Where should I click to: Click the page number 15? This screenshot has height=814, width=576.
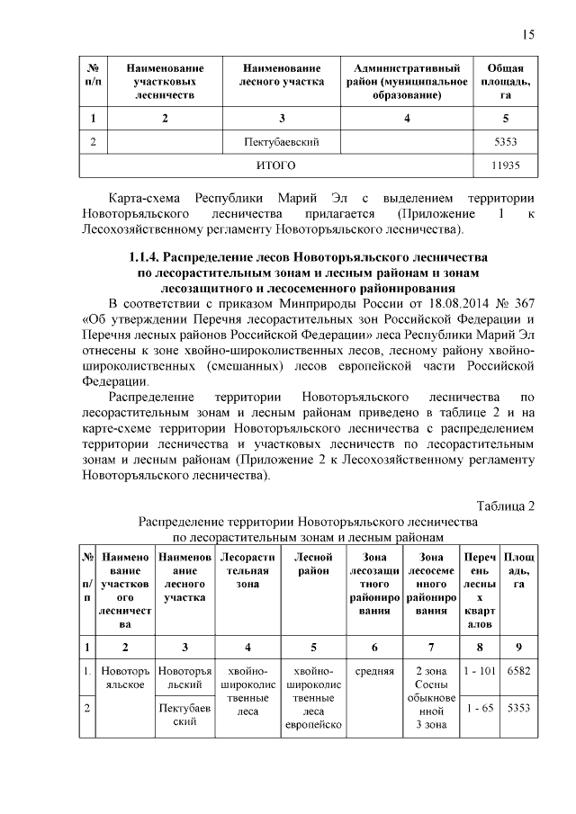coord(528,35)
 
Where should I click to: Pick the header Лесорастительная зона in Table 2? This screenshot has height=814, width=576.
coord(247,571)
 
